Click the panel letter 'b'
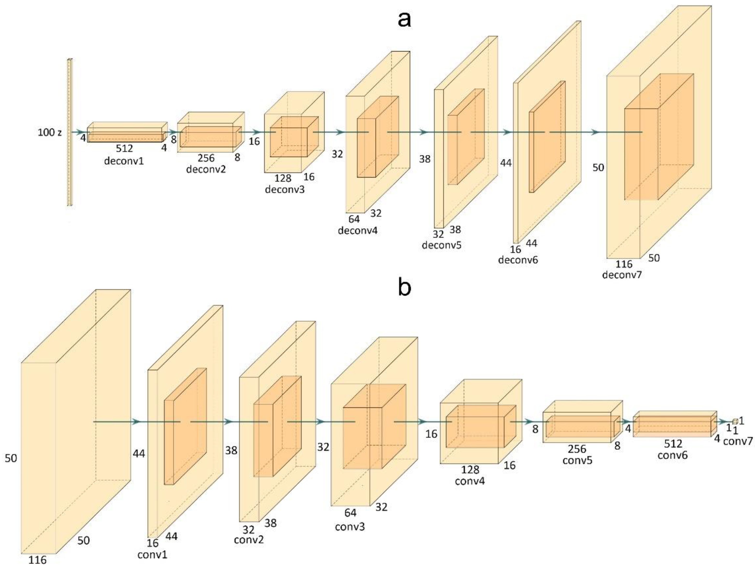pyautogui.click(x=404, y=287)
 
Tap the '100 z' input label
pyautogui.click(x=50, y=133)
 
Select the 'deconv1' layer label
pyautogui.click(x=124, y=161)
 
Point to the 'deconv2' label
pyautogui.click(x=206, y=169)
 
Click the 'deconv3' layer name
pyautogui.click(x=284, y=189)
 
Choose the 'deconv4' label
pyautogui.click(x=358, y=230)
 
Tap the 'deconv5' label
pyautogui.click(x=442, y=245)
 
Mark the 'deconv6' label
pyautogui.click(x=518, y=260)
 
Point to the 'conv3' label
pyautogui.click(x=350, y=527)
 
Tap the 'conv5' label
pyautogui.click(x=577, y=460)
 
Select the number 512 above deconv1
pyautogui.click(x=124, y=149)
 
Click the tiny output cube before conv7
pyautogui.click(x=735, y=421)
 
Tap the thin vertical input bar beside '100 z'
pyautogui.click(x=70, y=132)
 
